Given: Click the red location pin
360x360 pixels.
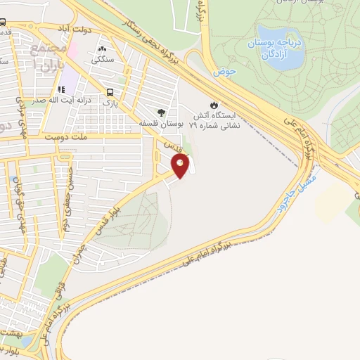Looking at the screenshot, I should click(181, 166).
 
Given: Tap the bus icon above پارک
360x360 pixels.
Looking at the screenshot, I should click(109, 92).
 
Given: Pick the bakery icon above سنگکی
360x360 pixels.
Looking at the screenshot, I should click(103, 50).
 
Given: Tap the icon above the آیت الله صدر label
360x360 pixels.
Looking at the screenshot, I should click(62, 90).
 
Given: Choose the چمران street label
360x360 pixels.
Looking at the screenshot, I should click(80, 252).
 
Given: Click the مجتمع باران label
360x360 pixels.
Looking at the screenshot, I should click(47, 56).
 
